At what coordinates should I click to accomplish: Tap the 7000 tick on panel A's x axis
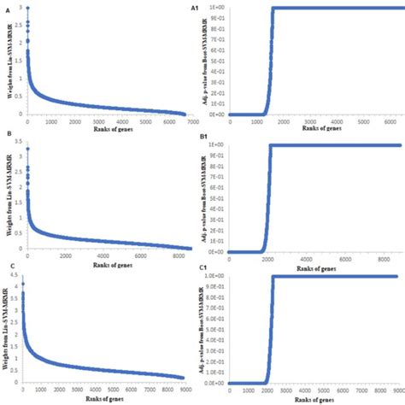187,120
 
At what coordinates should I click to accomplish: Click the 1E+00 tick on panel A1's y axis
216,8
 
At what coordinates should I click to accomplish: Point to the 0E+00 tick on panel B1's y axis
216,251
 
